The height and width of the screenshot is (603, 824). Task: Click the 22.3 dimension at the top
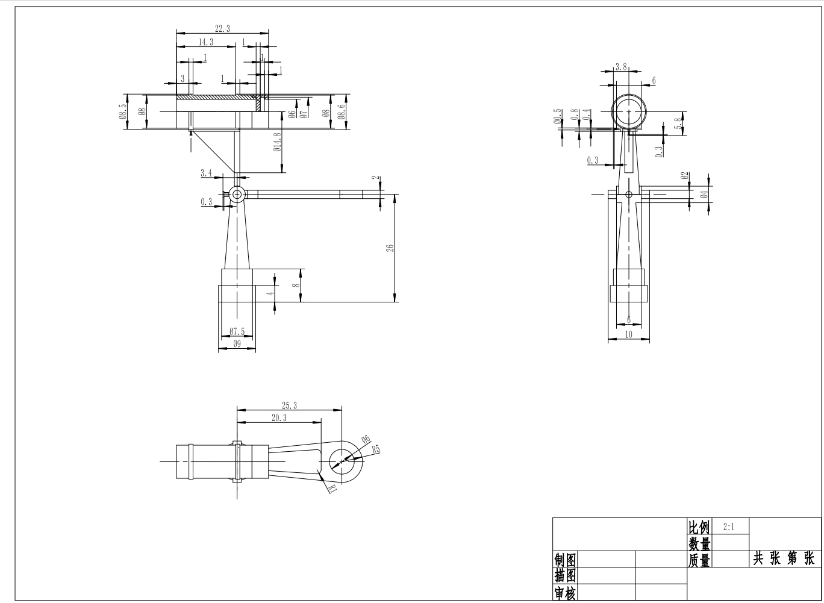(x=222, y=28)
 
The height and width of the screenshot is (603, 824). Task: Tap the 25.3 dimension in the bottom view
(x=289, y=405)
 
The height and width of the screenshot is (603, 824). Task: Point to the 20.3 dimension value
(x=279, y=417)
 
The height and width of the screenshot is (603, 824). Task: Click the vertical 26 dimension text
(x=390, y=248)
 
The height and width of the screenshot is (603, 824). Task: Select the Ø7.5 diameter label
(x=237, y=332)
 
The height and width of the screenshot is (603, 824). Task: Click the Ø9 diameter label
(x=237, y=345)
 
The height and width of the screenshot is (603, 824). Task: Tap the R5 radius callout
(x=375, y=449)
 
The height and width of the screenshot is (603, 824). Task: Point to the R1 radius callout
(x=331, y=488)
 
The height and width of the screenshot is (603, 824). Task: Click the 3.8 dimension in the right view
(x=622, y=66)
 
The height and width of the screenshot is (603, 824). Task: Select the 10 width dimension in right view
(x=629, y=335)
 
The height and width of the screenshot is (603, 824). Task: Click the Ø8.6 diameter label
(x=342, y=111)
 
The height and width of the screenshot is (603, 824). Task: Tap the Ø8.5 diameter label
(x=123, y=111)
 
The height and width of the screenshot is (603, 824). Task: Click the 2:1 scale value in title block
(x=729, y=526)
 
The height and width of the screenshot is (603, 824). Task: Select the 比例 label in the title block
(x=699, y=527)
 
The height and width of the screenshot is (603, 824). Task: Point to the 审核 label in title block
(x=565, y=594)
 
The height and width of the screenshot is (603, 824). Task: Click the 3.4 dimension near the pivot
(x=206, y=173)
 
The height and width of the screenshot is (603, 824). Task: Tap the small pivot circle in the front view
(x=236, y=194)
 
